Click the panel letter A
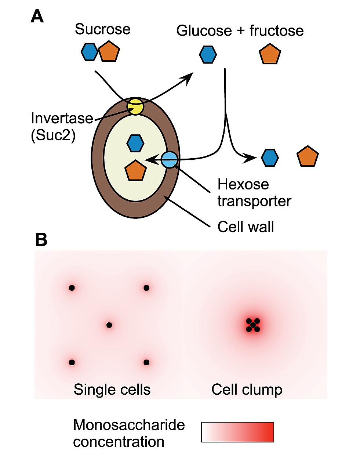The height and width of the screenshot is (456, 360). coord(37,17)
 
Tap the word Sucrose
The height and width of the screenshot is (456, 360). coord(102,29)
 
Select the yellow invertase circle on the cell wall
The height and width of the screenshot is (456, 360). coord(135,106)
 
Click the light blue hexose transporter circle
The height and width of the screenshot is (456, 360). coord(170,160)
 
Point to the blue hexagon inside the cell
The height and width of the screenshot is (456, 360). coord(135,143)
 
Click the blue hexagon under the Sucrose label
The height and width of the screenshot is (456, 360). coord(90,52)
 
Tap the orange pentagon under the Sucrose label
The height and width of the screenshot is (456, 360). coord(109,52)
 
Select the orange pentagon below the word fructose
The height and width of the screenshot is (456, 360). coord(270,54)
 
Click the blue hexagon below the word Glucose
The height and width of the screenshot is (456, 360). coord(208,55)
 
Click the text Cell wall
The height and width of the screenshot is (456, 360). coord(246,227)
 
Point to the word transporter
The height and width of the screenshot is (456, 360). coord(254,201)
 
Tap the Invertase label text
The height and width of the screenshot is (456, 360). coord(62,118)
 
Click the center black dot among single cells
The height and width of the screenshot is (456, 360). coord(109,325)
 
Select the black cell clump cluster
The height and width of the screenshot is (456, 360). coord(253,325)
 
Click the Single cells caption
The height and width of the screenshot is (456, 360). coord(112,390)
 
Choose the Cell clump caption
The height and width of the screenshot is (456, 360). coord(247,390)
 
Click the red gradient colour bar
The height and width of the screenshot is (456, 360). coord(237,432)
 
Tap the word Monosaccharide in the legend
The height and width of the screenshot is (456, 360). coord(129,425)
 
